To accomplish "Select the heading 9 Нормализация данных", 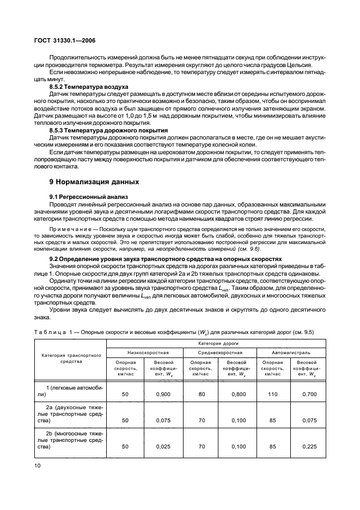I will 87,181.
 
